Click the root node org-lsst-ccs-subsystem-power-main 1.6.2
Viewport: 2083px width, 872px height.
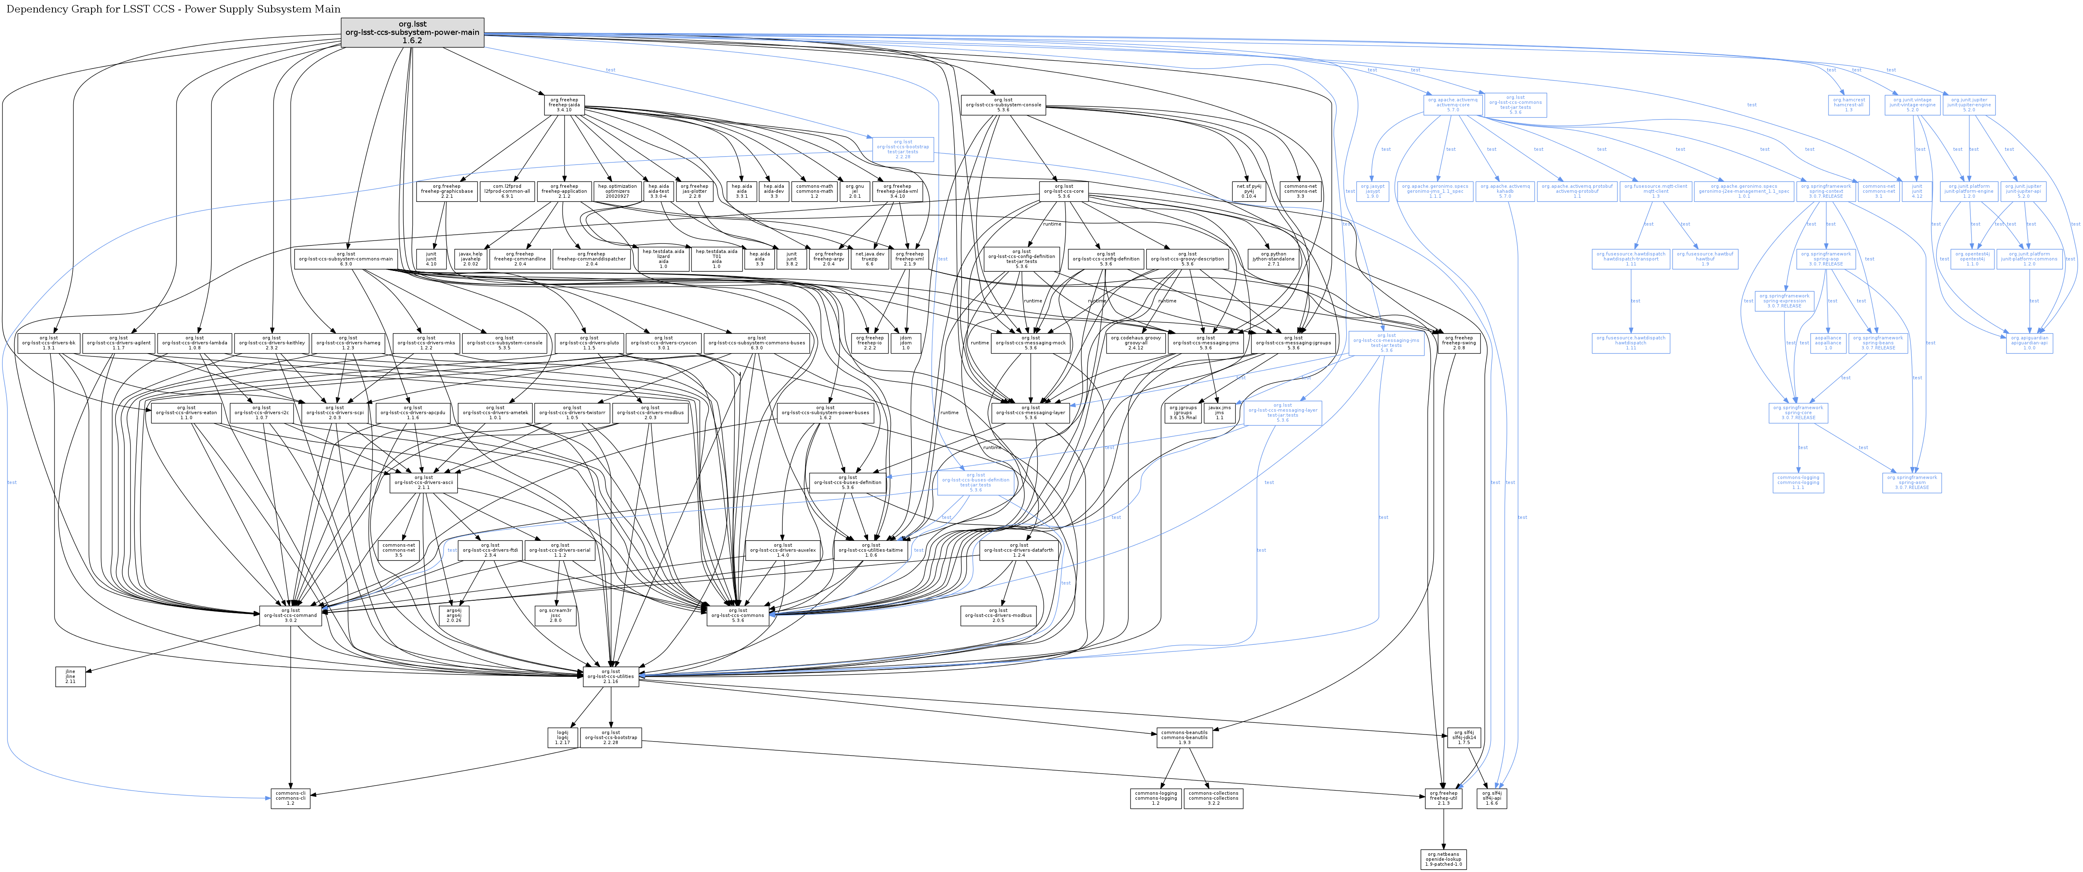(x=412, y=32)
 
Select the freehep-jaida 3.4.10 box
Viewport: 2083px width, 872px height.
(x=565, y=105)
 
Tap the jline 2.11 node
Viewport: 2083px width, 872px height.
(x=70, y=676)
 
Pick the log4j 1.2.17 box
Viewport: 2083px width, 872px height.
(x=562, y=737)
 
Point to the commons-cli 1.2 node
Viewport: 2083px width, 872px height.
(x=290, y=798)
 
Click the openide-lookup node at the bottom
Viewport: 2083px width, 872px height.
(x=1444, y=859)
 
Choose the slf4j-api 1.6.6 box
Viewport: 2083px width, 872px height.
(x=1492, y=798)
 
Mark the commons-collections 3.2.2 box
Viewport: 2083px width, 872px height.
(x=1213, y=798)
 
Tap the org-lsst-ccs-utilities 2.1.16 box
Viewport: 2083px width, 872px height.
(x=610, y=676)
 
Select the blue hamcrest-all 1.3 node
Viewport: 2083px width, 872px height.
(x=1849, y=105)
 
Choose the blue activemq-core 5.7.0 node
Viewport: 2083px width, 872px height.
(x=1452, y=105)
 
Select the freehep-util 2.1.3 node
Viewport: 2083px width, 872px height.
(x=1444, y=798)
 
